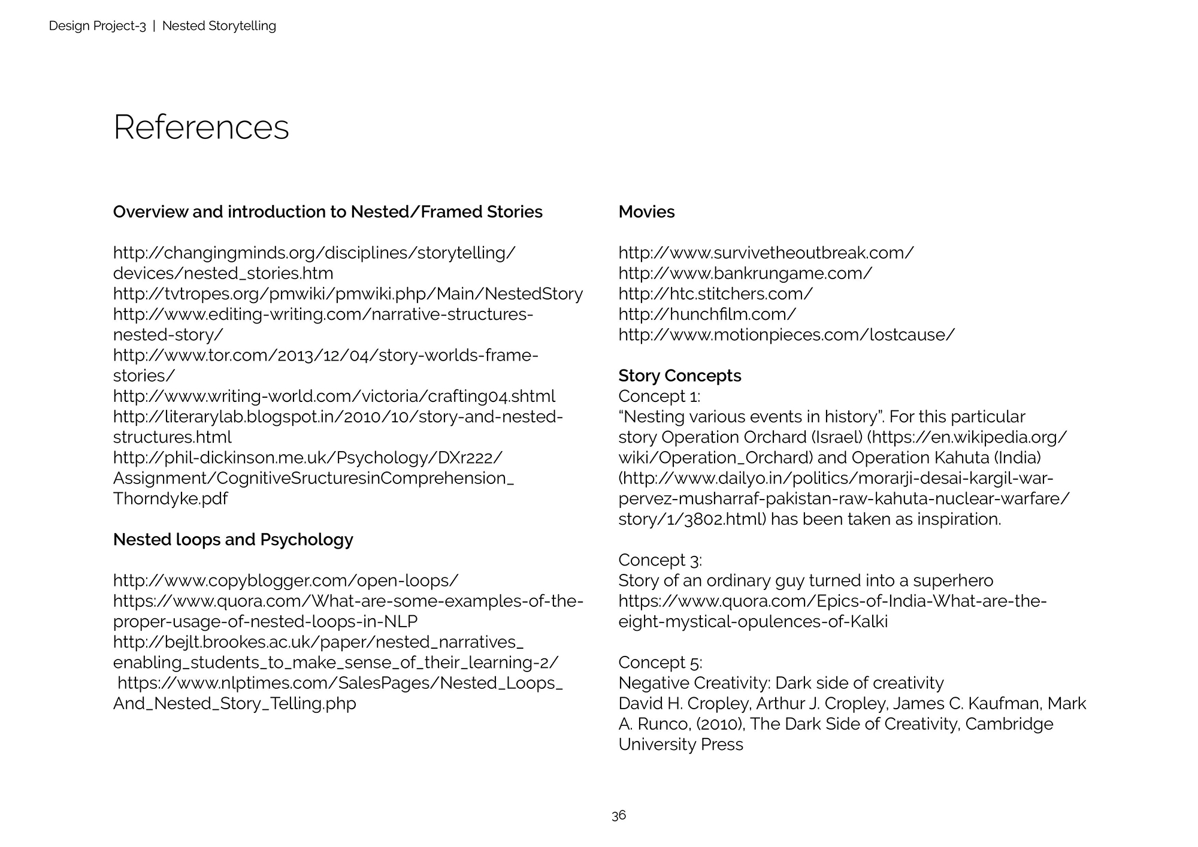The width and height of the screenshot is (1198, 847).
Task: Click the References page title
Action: (201, 128)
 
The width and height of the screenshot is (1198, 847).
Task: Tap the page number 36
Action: (619, 815)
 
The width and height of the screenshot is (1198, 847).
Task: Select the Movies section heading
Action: (646, 212)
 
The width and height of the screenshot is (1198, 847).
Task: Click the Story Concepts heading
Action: (679, 376)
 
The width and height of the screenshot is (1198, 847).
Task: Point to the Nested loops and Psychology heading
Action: (233, 540)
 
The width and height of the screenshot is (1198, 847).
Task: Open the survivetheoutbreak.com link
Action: (766, 253)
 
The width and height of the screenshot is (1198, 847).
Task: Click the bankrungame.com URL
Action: (745, 273)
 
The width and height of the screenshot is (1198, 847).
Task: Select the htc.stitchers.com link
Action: (715, 294)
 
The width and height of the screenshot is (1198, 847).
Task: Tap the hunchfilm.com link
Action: (707, 314)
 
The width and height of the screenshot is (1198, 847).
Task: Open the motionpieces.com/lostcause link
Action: (786, 335)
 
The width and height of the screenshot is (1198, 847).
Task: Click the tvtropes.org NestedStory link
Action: (347, 294)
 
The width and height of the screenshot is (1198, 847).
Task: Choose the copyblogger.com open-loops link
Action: (286, 580)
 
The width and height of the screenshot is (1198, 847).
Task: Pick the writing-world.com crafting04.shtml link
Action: (334, 396)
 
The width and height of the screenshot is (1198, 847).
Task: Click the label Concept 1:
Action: (659, 396)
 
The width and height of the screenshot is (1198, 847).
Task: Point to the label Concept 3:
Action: (659, 560)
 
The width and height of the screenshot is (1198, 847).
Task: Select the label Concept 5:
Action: (659, 663)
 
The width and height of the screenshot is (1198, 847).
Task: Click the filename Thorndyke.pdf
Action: (170, 498)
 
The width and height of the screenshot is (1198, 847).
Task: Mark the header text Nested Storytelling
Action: (219, 26)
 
